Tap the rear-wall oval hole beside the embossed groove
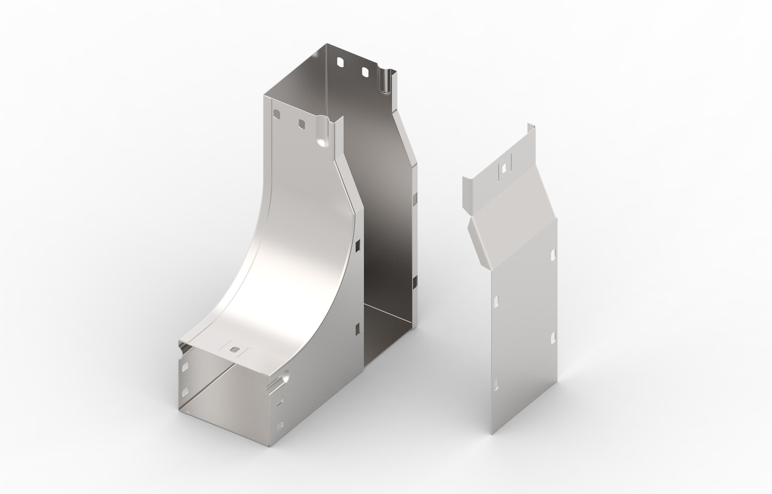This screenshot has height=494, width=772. coord(365,71)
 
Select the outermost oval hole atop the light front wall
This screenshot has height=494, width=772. coord(277,114)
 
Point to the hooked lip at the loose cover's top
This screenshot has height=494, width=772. coord(530,129)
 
